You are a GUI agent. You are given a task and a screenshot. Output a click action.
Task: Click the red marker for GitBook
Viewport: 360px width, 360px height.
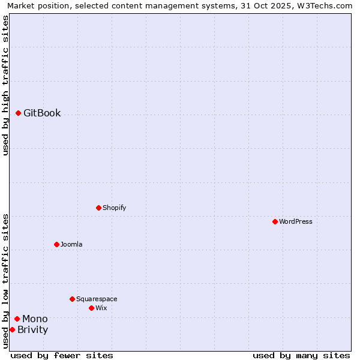click(x=19, y=113)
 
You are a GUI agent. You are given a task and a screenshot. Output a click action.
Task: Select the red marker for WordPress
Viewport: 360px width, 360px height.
click(x=275, y=222)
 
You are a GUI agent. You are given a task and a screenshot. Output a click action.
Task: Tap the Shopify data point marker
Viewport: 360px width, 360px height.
click(x=99, y=208)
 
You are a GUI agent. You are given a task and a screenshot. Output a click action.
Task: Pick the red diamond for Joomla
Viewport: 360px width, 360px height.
click(x=57, y=245)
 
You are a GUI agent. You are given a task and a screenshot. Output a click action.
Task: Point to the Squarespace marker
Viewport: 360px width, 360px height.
click(x=73, y=299)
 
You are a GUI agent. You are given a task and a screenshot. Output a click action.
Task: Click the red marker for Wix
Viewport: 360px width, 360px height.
click(x=92, y=308)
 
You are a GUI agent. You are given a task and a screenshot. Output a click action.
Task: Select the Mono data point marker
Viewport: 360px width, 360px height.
click(x=17, y=319)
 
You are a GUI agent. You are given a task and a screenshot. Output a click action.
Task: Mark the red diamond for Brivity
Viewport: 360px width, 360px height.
click(x=13, y=330)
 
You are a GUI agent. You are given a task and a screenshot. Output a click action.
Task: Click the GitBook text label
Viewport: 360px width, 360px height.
click(x=42, y=113)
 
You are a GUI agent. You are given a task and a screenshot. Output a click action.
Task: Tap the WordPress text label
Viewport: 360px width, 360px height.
click(x=296, y=222)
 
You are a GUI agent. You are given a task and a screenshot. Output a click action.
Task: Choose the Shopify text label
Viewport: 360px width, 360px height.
click(x=115, y=208)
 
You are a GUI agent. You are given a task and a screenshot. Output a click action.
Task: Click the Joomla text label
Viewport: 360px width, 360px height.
click(x=71, y=245)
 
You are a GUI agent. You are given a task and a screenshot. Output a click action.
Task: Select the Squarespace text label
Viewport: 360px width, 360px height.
click(x=97, y=299)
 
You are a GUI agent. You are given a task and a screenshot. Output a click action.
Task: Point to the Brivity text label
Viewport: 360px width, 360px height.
click(x=33, y=330)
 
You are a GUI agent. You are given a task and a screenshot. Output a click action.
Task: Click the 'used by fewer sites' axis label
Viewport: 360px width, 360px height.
click(x=62, y=356)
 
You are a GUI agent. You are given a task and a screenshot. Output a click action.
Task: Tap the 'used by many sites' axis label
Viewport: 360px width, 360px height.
click(x=301, y=356)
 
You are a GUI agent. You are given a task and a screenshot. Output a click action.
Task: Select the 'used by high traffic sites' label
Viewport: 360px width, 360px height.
click(x=6, y=85)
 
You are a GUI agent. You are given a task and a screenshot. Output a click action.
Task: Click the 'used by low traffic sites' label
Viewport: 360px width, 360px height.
click(x=6, y=281)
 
